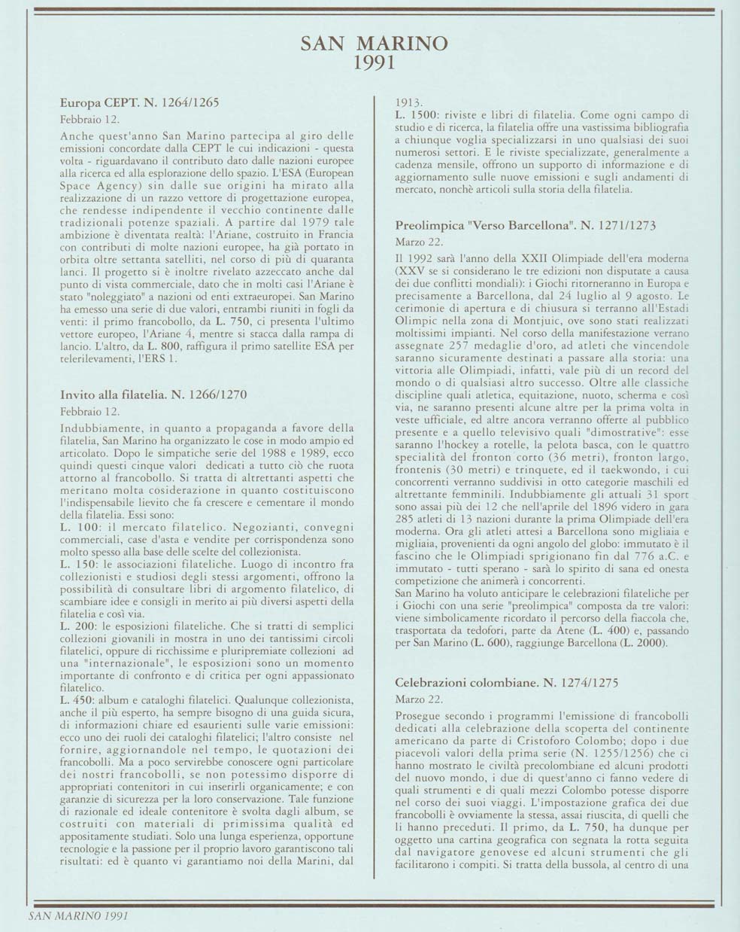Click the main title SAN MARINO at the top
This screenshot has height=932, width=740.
(x=374, y=43)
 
